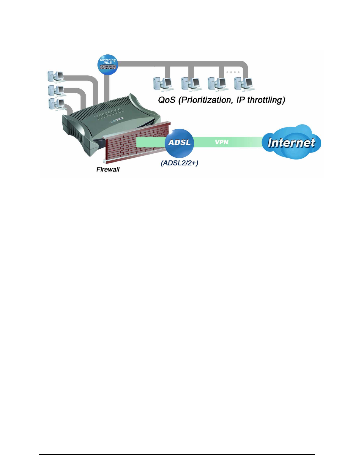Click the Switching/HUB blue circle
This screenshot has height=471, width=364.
pos(108,64)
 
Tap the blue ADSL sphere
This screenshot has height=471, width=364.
pos(179,143)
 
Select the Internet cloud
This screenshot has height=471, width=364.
pos(291,142)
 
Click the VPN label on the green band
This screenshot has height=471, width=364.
pos(222,142)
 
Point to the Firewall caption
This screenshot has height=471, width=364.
pos(108,169)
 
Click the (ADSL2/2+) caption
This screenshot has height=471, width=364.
pos(179,163)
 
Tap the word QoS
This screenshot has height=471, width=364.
pos(167,100)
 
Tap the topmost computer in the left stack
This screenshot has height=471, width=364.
pos(56,76)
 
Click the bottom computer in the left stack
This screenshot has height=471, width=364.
pos(57,104)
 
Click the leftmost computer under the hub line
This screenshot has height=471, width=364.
pos(163,84)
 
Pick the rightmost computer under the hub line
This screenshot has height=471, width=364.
pos(244,84)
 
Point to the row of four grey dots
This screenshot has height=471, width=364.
pos(233,72)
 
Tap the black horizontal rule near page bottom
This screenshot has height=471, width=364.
pos(177,454)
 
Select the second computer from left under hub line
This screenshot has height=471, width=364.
pos(191,84)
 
